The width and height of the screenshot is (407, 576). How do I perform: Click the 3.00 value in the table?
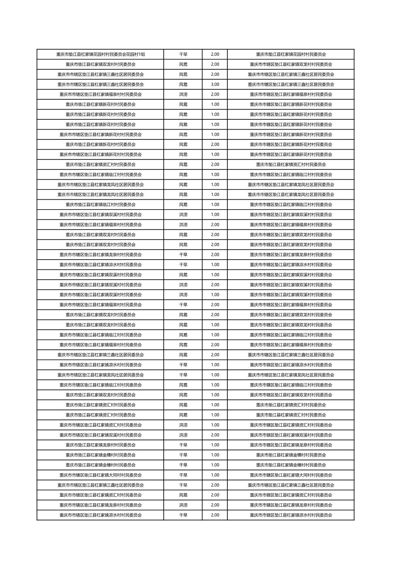(x=215, y=85)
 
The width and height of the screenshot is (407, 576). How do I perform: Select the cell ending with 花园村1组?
(x=100, y=54)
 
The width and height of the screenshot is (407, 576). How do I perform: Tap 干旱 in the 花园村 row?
(x=183, y=54)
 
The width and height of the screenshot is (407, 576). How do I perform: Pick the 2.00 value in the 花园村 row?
(x=215, y=54)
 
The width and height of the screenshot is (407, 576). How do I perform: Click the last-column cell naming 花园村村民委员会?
(x=291, y=54)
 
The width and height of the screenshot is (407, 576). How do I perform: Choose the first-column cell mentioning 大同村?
(x=100, y=475)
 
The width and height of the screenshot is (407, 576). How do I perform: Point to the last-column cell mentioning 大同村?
(x=291, y=475)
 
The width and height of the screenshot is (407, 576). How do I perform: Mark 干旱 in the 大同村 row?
(x=183, y=475)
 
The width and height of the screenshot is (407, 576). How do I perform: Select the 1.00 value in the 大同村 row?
(x=215, y=475)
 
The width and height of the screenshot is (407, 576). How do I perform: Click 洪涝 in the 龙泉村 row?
(x=183, y=505)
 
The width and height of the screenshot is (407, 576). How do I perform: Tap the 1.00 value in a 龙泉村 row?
(x=215, y=445)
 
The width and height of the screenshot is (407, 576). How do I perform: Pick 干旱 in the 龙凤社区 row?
(x=183, y=375)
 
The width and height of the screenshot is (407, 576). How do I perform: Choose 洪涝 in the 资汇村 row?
(x=183, y=425)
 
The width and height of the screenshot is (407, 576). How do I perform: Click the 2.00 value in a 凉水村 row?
(x=215, y=515)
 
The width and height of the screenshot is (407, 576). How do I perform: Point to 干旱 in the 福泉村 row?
(x=183, y=305)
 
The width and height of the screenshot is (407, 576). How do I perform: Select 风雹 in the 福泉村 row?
(x=183, y=345)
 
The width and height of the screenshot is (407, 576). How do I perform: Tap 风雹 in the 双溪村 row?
(x=183, y=275)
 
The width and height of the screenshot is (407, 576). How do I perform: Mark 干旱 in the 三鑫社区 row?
(x=183, y=485)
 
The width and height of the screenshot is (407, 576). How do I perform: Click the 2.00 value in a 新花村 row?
(x=215, y=144)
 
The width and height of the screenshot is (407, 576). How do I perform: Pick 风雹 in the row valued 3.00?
(x=183, y=85)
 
